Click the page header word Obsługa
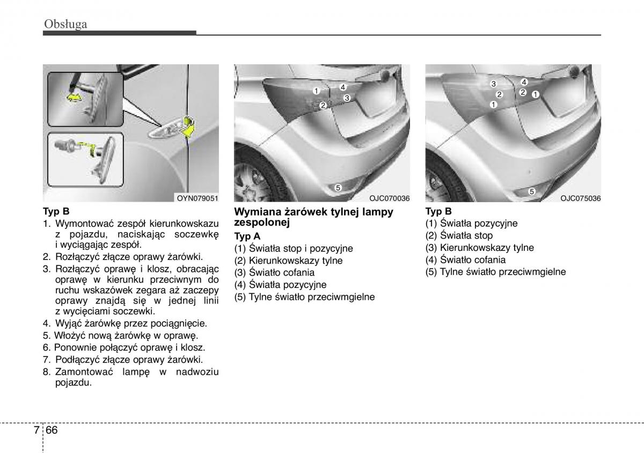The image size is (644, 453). [65, 24]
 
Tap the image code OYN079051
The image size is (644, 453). [197, 198]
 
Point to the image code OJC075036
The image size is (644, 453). [580, 198]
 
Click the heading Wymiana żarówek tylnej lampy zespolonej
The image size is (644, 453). [313, 217]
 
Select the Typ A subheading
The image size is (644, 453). [247, 236]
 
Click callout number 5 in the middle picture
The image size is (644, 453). [338, 187]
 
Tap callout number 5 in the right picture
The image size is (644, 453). [531, 191]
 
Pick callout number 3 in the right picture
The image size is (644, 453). [493, 84]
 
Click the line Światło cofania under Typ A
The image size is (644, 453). [274, 272]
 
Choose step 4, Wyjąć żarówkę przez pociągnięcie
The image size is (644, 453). [124, 323]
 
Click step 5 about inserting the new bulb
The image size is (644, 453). [121, 336]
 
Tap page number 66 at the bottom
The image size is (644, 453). [52, 430]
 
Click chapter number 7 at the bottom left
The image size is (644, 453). [36, 430]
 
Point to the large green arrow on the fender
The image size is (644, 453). [188, 127]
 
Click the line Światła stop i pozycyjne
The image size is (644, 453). [294, 248]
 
